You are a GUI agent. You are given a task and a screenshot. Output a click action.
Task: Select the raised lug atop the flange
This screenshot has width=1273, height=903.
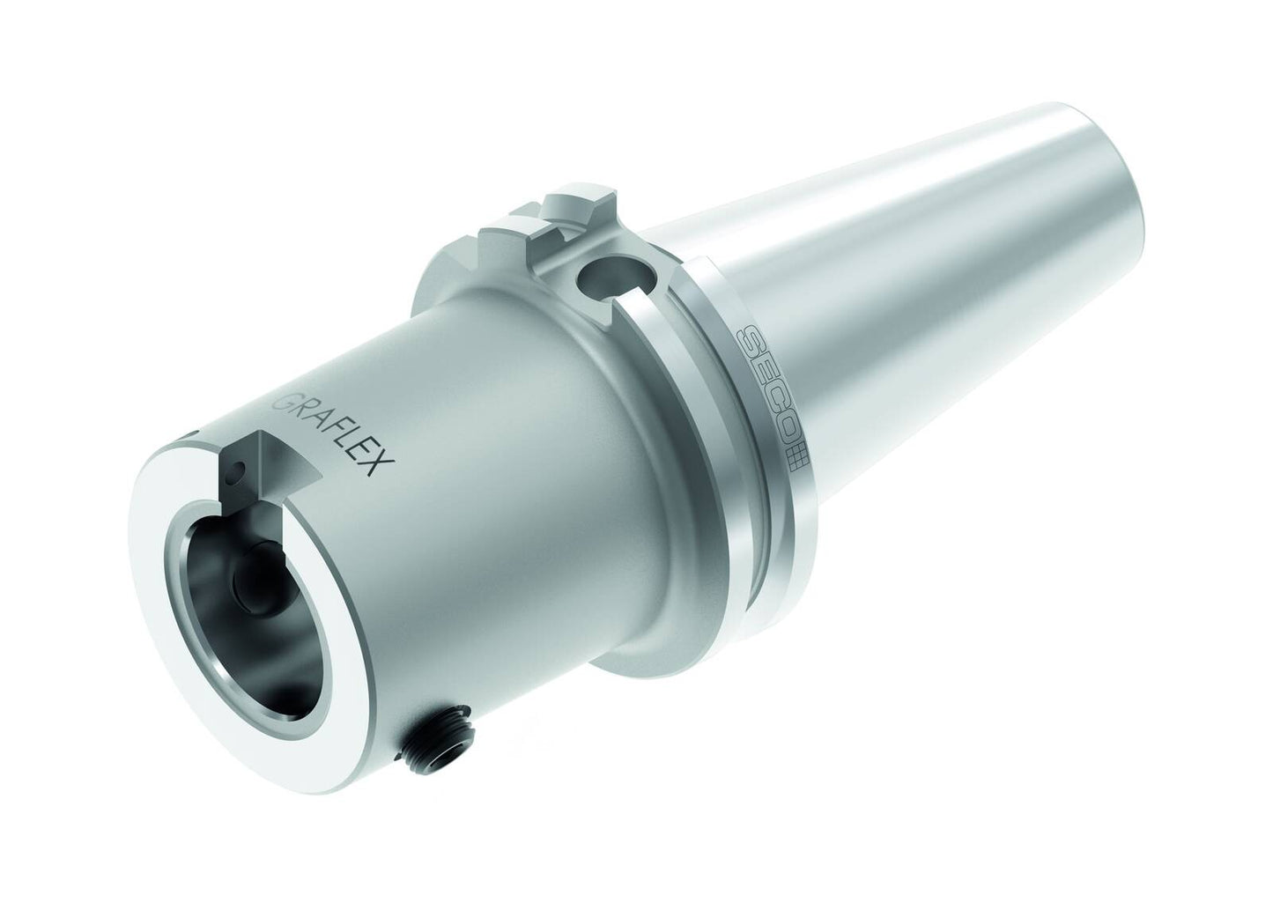(x=572, y=211)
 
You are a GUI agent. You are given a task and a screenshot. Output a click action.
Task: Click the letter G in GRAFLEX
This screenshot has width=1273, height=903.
(x=284, y=402)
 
